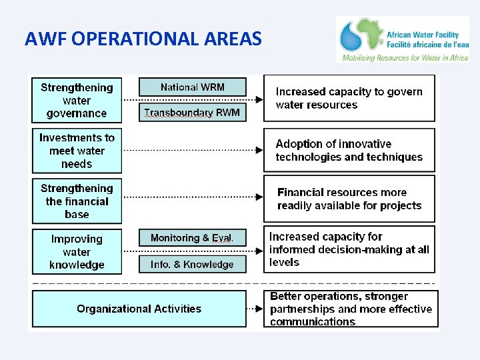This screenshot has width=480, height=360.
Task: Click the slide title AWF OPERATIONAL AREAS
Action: pyautogui.click(x=143, y=39)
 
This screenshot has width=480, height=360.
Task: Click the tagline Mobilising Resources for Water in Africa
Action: pyautogui.click(x=405, y=58)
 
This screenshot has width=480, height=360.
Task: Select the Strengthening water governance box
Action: pyautogui.click(x=77, y=101)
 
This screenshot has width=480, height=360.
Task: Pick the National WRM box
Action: pyautogui.click(x=192, y=87)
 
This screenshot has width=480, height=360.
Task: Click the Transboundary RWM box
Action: pyautogui.click(x=192, y=113)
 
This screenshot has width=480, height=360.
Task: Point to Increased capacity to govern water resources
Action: pyautogui.click(x=349, y=98)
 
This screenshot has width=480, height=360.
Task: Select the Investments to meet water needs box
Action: pyautogui.click(x=77, y=151)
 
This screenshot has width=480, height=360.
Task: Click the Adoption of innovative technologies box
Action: pyautogui.click(x=349, y=151)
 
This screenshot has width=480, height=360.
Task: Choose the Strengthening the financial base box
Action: pyautogui.click(x=77, y=201)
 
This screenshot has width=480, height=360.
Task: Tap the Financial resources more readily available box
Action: pyautogui.click(x=349, y=199)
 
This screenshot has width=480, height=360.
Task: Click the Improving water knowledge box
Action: pyautogui.click(x=77, y=252)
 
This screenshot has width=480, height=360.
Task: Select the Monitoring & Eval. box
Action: pyautogui.click(x=192, y=238)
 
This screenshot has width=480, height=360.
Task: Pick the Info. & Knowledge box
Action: pyautogui.click(x=192, y=265)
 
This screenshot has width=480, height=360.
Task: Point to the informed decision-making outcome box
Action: pyautogui.click(x=349, y=249)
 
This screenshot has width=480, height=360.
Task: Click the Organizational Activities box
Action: pyautogui.click(x=139, y=309)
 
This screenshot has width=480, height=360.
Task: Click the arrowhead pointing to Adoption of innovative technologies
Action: pyautogui.click(x=257, y=150)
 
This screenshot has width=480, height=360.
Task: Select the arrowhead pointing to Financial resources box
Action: pyautogui.click(x=257, y=197)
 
